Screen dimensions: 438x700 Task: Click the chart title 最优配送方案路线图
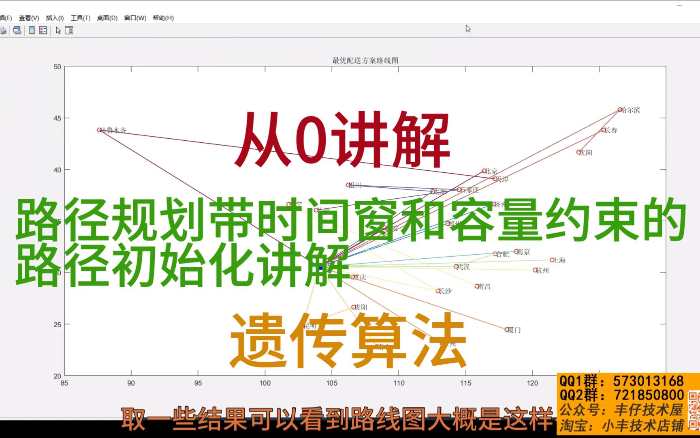click(x=365, y=61)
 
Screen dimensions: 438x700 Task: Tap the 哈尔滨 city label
click(x=631, y=110)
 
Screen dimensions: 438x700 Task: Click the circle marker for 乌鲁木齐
click(x=99, y=130)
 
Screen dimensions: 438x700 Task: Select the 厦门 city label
click(x=514, y=330)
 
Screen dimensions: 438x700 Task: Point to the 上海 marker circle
click(x=552, y=260)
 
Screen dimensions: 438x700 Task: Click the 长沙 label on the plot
click(x=446, y=291)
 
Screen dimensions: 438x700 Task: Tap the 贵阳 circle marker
click(x=353, y=307)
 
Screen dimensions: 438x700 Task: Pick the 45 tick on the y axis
click(x=57, y=118)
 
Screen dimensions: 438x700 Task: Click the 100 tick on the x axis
click(x=265, y=383)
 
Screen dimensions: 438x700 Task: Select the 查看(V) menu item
click(x=29, y=18)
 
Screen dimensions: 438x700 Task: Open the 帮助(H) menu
click(x=163, y=18)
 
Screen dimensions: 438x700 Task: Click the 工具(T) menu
click(x=80, y=18)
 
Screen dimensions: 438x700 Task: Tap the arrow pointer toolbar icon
click(x=58, y=30)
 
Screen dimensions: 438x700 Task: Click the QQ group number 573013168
click(x=648, y=381)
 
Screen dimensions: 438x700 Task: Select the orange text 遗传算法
click(x=348, y=340)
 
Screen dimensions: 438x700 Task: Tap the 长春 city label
click(x=611, y=130)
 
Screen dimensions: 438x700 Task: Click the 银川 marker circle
click(x=348, y=185)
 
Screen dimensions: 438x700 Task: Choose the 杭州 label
click(x=542, y=271)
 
